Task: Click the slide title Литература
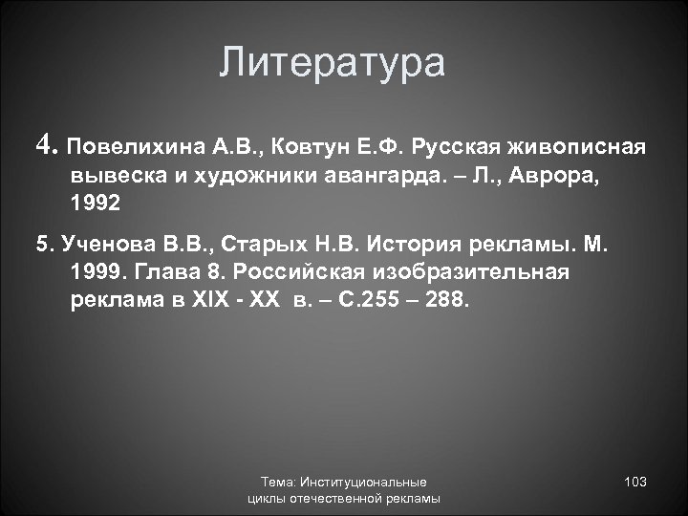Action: coord(332,64)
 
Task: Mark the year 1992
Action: coord(96,204)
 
